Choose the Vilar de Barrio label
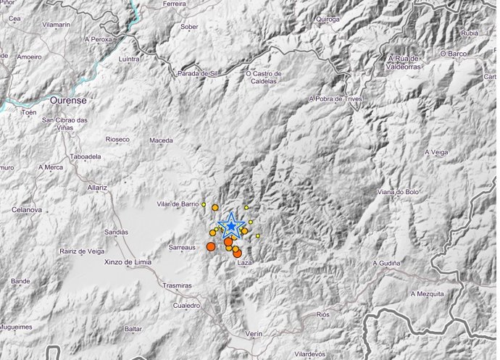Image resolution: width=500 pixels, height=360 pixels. coord(177,204)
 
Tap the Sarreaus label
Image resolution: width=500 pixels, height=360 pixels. coord(183,247)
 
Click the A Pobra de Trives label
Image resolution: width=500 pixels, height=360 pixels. coord(335,99)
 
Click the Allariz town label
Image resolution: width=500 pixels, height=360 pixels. coord(96,187)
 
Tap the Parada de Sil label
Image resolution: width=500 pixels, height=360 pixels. coord(198,73)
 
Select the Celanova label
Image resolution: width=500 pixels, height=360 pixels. coord(27,209)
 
